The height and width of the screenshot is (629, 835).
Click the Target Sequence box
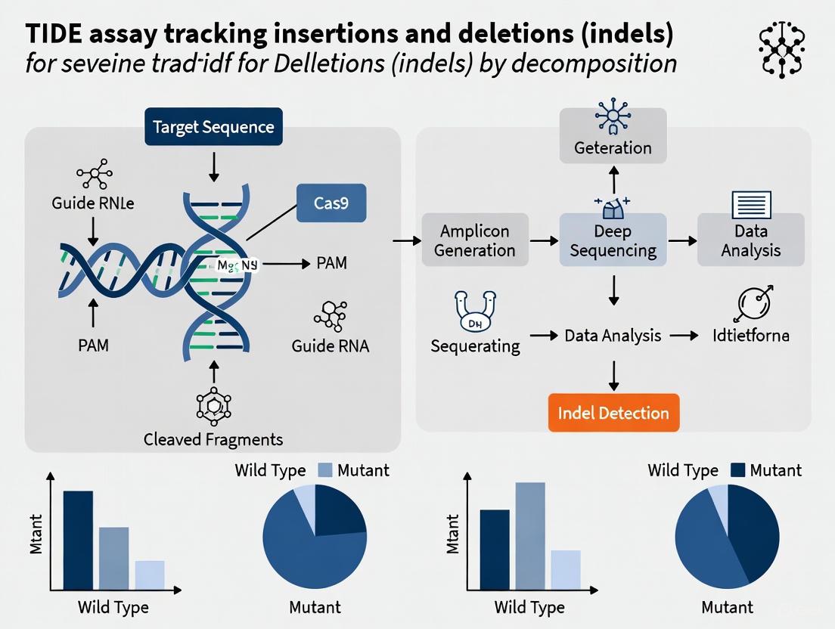click(213, 126)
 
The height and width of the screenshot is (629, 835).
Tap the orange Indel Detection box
click(613, 413)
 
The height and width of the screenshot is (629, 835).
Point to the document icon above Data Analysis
click(751, 205)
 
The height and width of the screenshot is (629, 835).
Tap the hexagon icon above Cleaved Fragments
click(213, 405)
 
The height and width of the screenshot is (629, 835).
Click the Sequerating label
click(475, 346)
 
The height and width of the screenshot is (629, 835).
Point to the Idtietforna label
click(750, 334)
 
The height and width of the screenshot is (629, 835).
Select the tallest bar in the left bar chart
click(78, 540)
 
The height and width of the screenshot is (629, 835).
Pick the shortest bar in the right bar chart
click(565, 569)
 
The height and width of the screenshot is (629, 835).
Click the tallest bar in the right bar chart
click(530, 535)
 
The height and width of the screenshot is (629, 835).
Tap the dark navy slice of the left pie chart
click(338, 510)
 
